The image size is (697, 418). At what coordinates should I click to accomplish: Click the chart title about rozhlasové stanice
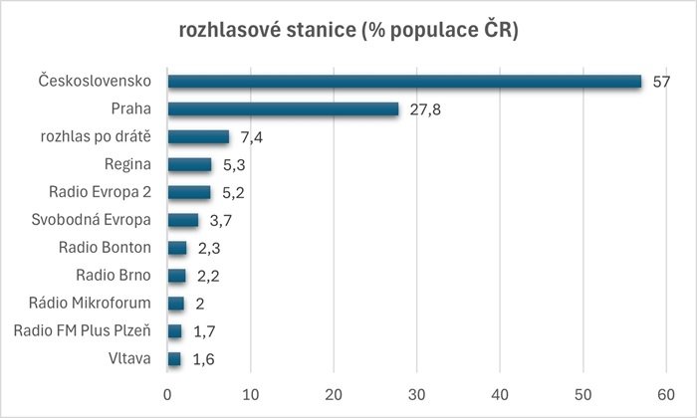[348, 32]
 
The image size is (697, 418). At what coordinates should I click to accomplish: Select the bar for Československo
[404, 82]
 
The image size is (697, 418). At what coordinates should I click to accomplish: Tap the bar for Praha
[283, 109]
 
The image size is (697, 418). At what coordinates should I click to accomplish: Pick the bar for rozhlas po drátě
[198, 137]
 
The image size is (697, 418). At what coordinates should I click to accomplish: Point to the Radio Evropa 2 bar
[189, 192]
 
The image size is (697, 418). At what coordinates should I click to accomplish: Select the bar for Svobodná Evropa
[183, 220]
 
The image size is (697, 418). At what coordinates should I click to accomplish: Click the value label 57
[660, 82]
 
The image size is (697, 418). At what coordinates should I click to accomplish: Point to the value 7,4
[252, 137]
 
